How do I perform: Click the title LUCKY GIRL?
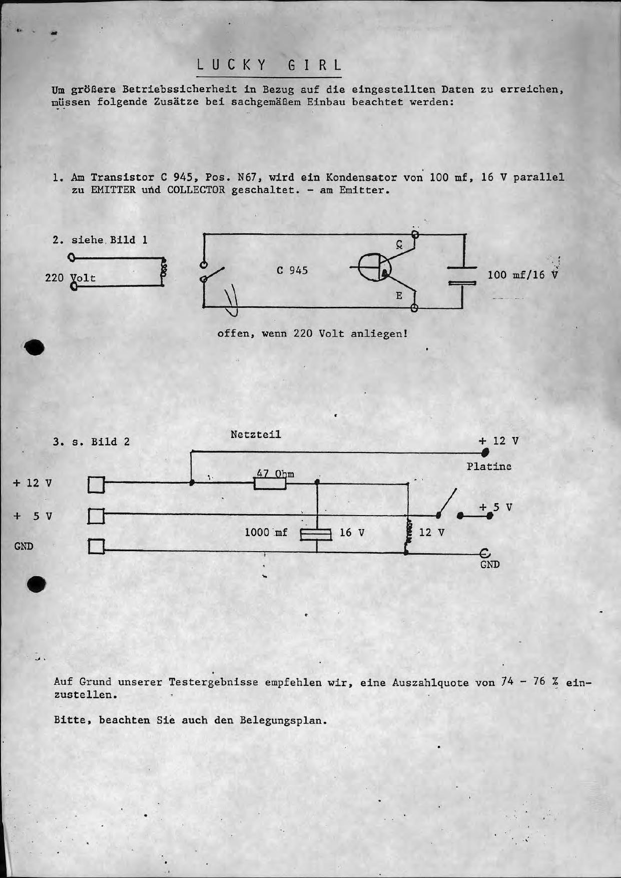269,66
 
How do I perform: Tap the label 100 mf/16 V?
522,275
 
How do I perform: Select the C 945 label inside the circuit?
292,270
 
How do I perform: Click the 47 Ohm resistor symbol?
270,484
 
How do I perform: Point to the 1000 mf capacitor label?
266,533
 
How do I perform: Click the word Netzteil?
256,434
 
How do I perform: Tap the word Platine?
489,467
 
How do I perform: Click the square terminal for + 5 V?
96,516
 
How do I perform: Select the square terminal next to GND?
96,547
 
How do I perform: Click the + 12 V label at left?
33,483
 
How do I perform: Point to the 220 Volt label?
70,278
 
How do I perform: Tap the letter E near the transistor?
399,296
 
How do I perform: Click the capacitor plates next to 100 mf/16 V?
463,276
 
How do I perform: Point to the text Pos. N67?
231,177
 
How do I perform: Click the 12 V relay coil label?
431,533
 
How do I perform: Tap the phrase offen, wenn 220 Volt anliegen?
312,333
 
